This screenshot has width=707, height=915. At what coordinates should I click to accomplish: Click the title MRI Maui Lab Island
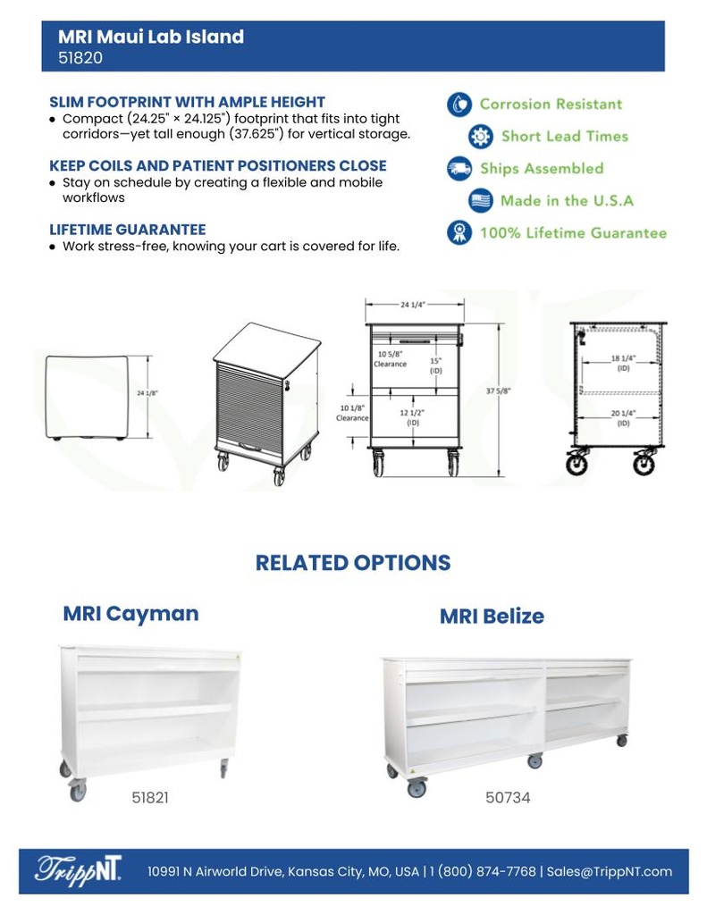[x=150, y=37]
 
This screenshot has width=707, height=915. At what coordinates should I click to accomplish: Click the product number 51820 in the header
[x=80, y=59]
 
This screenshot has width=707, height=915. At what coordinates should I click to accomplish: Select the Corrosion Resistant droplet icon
[x=459, y=104]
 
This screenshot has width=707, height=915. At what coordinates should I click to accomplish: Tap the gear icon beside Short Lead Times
[x=481, y=137]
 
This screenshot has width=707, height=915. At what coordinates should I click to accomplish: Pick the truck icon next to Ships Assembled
[x=459, y=168]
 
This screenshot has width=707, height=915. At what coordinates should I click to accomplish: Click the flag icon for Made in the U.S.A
[x=481, y=200]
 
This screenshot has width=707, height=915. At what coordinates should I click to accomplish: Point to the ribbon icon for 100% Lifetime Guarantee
[x=459, y=232]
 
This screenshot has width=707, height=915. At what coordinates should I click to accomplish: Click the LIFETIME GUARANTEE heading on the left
[x=127, y=230]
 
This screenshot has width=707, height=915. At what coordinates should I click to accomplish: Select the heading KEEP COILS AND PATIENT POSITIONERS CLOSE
[x=217, y=166]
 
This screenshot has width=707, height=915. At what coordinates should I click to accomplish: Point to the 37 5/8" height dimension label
[x=498, y=390]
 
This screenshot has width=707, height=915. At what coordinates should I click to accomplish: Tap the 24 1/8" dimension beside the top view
[x=147, y=392]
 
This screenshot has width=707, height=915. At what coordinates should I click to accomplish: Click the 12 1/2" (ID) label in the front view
[x=412, y=417]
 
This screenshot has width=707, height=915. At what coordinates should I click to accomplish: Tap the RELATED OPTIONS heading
[x=353, y=563]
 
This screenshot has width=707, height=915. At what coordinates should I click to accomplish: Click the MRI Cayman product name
[x=130, y=614]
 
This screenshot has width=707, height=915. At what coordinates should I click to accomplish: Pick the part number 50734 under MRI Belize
[x=508, y=797]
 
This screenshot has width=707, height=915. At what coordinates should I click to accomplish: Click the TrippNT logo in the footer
[x=79, y=870]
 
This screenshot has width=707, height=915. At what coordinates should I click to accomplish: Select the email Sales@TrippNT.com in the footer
[x=610, y=871]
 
